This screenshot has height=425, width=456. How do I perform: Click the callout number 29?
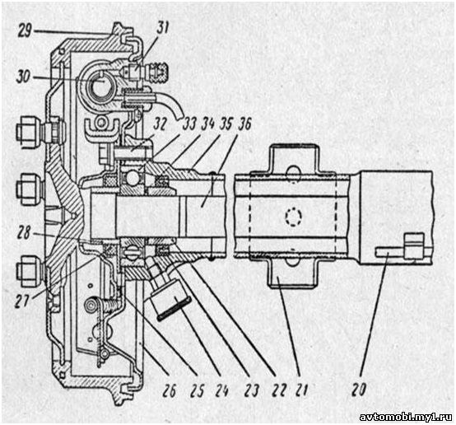tap(25, 30)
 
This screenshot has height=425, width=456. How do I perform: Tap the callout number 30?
tap(24, 77)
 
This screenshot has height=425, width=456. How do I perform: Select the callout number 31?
tap(162, 28)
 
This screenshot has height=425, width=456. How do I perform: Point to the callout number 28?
tap(23, 233)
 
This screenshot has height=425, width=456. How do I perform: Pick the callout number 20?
tap(359, 390)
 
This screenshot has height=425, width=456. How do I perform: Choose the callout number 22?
tap(278, 390)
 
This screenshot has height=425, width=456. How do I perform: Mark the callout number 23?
tap(251, 390)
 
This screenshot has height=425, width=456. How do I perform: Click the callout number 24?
tap(221, 390)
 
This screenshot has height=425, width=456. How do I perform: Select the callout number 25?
tap(197, 390)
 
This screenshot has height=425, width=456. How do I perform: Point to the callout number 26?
tap(169, 390)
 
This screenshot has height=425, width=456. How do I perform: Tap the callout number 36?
tap(244, 124)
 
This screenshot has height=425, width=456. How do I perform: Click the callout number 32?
tap(160, 124)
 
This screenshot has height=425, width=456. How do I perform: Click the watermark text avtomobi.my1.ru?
tap(406, 417)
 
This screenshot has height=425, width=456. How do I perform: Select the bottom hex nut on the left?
tap(29, 271)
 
